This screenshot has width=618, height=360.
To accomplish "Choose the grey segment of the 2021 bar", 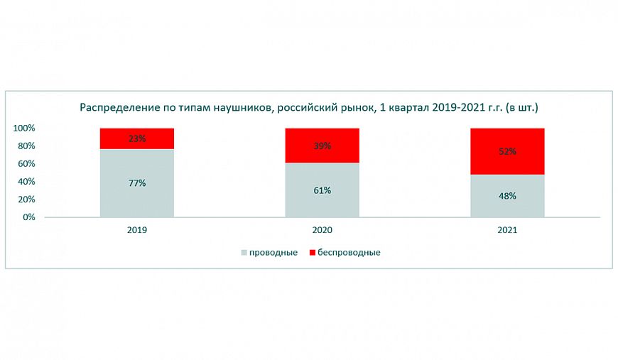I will (x=507, y=206).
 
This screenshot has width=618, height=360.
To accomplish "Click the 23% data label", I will (x=137, y=138).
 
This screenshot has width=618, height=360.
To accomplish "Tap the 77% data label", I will (x=137, y=183).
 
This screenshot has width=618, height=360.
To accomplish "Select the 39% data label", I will (x=322, y=146).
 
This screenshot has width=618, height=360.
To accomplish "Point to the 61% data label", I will (x=322, y=190).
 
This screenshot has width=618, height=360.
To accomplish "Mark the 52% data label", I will (x=507, y=151).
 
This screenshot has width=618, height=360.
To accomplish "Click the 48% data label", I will (x=507, y=196).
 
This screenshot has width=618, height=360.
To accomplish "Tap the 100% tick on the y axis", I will (x=24, y=129).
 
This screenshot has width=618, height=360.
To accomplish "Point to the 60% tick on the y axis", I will (x=26, y=164).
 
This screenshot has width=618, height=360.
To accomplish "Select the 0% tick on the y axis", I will (x=29, y=217).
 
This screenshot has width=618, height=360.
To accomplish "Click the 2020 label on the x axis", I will (x=322, y=230).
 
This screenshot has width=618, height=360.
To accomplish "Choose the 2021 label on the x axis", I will (x=507, y=230).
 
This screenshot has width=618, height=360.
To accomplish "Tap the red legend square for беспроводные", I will (x=313, y=252).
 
